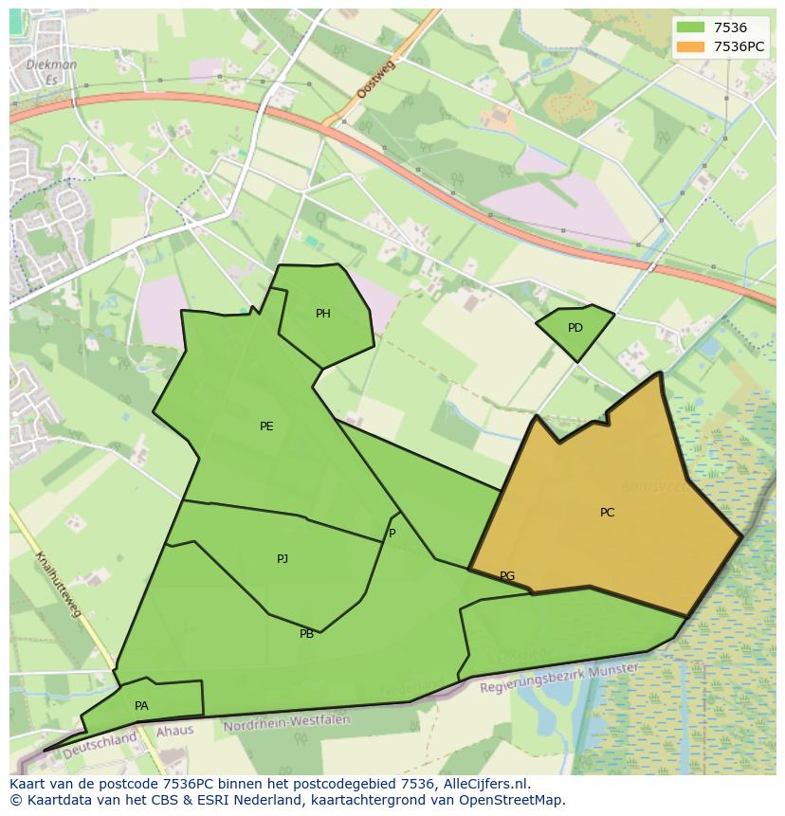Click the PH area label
point(323,314)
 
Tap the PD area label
point(575,328)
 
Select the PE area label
point(266,426)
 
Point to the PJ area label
point(283,559)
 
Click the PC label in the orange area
point(607,513)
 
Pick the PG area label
point(507,576)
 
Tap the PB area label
point(306,634)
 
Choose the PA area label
point(141,706)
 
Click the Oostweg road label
point(375,78)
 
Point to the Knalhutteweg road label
point(58,584)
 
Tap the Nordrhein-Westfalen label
point(286,723)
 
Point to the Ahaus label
point(174,731)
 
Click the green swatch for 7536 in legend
point(691,28)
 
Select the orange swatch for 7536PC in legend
point(691,45)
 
